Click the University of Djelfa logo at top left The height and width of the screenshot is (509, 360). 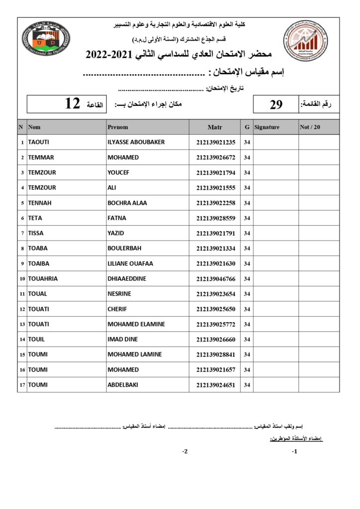46,39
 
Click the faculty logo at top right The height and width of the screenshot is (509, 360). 305,40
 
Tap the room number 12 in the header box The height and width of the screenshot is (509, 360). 73,104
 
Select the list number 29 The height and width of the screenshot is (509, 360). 276,104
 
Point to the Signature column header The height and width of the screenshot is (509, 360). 267,127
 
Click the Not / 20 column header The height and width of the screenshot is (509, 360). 310,127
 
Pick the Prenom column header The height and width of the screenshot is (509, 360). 118,127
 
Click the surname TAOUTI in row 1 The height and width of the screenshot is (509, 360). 39,142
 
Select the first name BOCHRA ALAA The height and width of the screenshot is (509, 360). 127,203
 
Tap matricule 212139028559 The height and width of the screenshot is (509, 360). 215,218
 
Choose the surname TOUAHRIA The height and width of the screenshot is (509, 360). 43,279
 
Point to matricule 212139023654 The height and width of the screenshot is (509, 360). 215,294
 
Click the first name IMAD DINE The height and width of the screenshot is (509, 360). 123,339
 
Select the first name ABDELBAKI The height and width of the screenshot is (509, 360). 123,385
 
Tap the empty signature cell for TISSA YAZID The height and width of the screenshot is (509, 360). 275,233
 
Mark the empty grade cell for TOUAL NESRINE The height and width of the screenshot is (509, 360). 319,294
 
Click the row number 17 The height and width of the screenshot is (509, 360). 22,385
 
